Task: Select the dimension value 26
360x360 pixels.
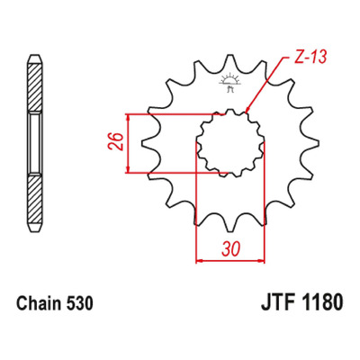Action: (116, 140)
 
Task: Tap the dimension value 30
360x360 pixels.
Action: (231, 248)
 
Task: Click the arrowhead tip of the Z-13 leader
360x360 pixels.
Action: (246, 113)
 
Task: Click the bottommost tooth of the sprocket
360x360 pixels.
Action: (230, 224)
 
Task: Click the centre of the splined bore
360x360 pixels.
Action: (230, 143)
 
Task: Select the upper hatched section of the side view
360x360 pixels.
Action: (35, 87)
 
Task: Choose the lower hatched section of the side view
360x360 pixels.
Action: (35, 200)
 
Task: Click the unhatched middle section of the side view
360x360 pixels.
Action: (35, 143)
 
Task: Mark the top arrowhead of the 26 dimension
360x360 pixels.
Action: (128, 114)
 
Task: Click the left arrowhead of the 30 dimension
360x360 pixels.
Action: (196, 260)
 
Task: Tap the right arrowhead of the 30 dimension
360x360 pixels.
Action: (265, 260)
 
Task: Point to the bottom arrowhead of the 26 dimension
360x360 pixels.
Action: (128, 173)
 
